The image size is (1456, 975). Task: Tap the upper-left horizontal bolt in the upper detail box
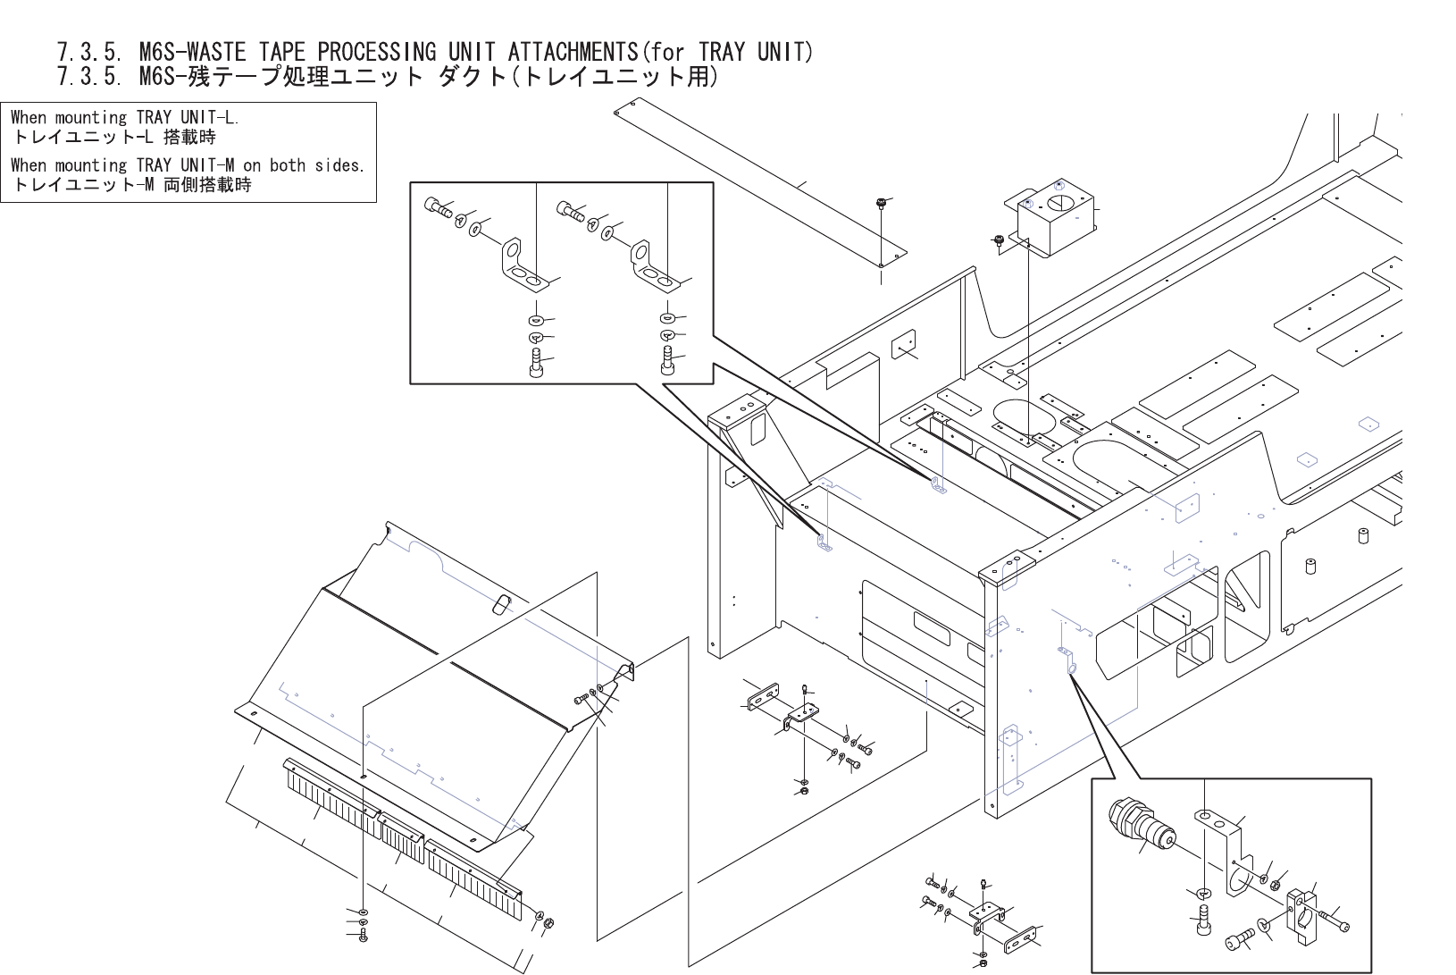pos(439,207)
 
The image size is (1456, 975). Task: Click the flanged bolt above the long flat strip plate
pos(880,203)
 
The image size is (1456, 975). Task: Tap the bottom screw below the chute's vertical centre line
pos(362,936)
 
